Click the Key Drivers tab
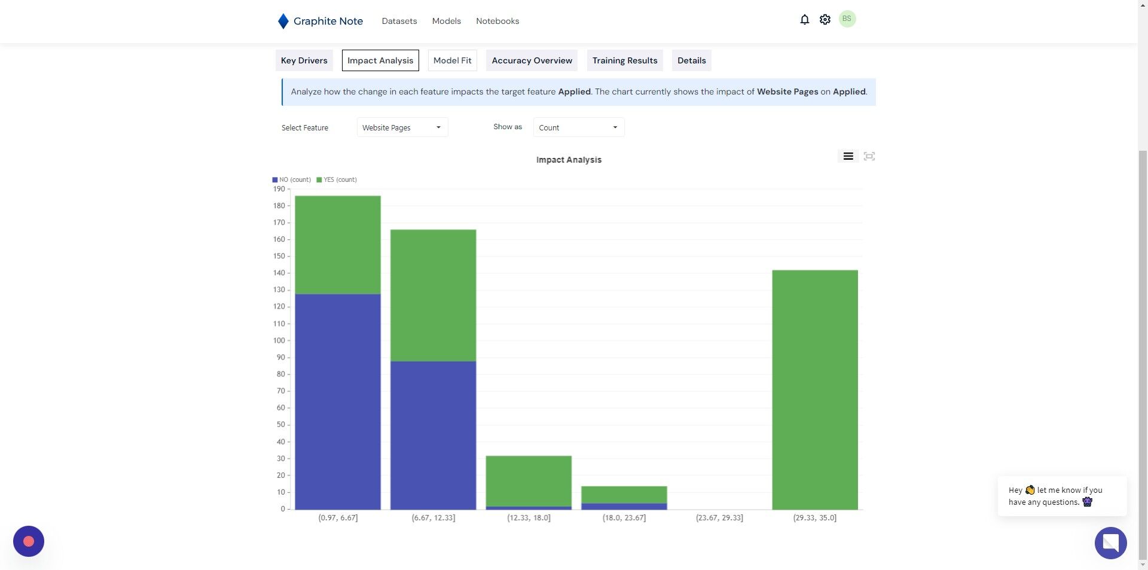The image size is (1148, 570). point(304,60)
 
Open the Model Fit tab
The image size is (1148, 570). point(452,60)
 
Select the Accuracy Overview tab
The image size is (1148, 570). point(532,60)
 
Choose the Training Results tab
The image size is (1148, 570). point(625,60)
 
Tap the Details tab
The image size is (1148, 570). point(691,60)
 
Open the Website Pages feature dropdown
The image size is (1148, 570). point(402,127)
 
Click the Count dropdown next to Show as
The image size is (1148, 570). point(579,127)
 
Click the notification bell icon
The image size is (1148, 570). point(805,20)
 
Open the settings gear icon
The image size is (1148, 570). point(825,20)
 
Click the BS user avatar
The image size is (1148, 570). point(847,19)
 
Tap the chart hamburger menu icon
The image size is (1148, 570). point(848,156)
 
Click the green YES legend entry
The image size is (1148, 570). point(337,179)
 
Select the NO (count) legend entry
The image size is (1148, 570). point(292,179)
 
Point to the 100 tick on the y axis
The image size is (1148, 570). point(279,340)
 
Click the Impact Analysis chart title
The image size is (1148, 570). point(569,160)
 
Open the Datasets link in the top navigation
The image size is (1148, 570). point(399,21)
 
